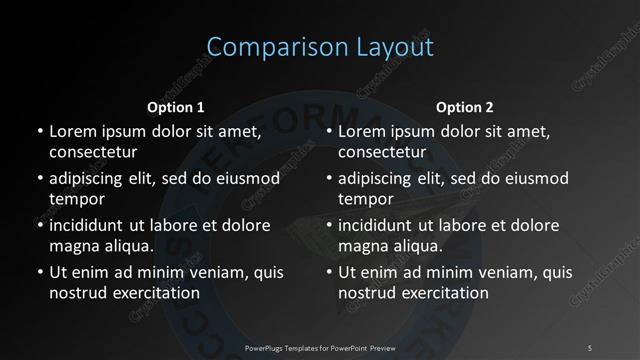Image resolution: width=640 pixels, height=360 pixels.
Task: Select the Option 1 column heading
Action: click(x=176, y=107)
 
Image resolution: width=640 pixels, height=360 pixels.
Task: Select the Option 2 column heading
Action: click(x=465, y=107)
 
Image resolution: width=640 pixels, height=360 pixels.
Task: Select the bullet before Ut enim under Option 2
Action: click(x=330, y=272)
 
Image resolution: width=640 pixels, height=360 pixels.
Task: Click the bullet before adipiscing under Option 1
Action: click(x=40, y=179)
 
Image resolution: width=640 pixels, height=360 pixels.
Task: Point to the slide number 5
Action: click(x=590, y=347)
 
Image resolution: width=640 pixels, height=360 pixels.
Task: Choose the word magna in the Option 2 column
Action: click(x=361, y=246)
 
